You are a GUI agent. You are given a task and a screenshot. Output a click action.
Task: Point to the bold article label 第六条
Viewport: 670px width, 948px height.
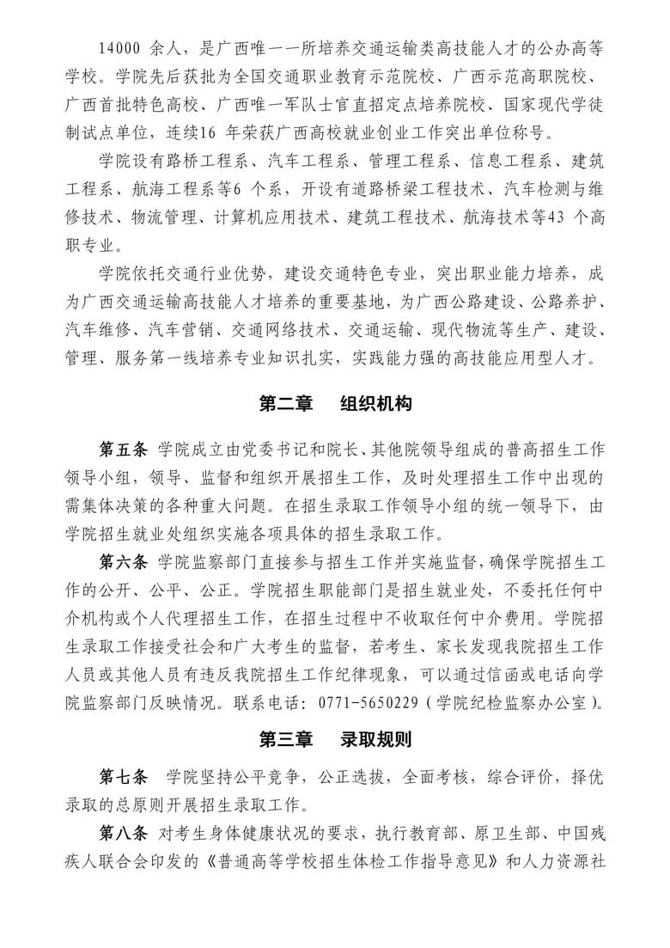[x=124, y=564]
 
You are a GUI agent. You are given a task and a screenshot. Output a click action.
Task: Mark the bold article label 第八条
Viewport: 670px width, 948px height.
[x=124, y=834]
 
